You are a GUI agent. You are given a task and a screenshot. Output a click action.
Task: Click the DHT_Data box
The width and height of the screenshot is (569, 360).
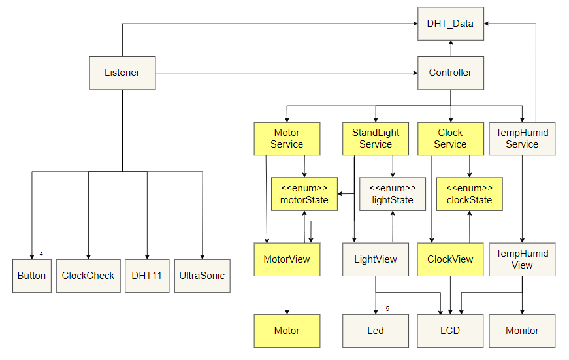(450, 24)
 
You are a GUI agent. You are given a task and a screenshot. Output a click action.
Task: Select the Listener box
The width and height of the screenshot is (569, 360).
(122, 73)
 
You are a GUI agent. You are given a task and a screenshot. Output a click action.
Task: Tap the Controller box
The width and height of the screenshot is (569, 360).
(450, 73)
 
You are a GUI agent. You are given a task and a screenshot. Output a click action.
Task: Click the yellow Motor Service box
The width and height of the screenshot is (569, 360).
(287, 139)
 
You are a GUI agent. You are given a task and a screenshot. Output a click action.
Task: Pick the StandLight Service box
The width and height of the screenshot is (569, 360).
(376, 139)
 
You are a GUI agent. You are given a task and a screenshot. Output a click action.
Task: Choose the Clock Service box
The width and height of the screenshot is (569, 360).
(450, 139)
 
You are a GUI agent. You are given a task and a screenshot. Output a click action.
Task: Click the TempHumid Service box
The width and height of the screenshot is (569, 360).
(522, 139)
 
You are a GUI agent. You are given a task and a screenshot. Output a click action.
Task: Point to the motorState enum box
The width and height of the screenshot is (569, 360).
(304, 194)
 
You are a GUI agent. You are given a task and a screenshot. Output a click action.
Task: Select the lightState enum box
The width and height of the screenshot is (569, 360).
(392, 194)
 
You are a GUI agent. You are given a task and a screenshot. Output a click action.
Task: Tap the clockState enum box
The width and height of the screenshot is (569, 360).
(468, 194)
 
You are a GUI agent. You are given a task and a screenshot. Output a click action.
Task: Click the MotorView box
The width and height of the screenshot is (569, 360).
(287, 259)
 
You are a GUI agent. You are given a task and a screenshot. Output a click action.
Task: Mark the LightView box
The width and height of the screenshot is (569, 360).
(376, 259)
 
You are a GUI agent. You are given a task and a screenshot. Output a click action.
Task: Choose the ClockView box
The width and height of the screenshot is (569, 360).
(450, 259)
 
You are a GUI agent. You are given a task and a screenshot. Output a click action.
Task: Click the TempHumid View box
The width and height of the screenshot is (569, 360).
(522, 259)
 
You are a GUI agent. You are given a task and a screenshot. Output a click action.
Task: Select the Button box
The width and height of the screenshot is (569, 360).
(32, 276)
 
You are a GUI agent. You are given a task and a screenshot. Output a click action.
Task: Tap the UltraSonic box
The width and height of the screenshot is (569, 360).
(202, 276)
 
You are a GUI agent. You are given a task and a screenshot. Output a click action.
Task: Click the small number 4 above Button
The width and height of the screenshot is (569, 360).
(41, 254)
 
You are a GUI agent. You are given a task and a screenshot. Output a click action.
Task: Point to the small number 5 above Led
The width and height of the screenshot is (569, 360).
(387, 308)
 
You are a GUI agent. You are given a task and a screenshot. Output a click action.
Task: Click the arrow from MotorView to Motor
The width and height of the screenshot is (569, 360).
(287, 295)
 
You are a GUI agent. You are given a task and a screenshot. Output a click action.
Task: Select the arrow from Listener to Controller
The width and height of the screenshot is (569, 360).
(287, 73)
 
